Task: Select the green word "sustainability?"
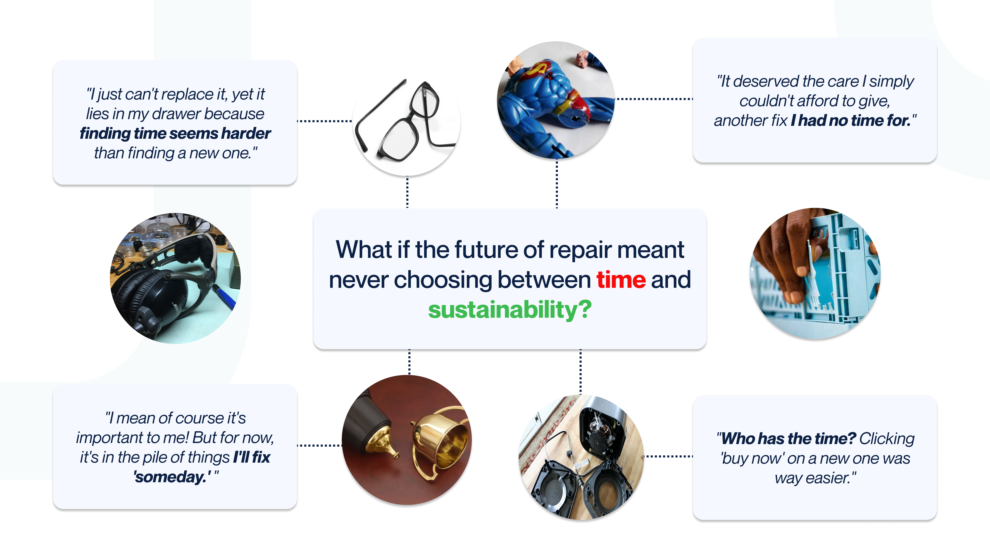click(x=510, y=310)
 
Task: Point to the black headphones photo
click(x=176, y=278)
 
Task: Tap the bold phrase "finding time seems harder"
click(x=175, y=133)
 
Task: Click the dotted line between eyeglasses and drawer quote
click(x=325, y=121)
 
